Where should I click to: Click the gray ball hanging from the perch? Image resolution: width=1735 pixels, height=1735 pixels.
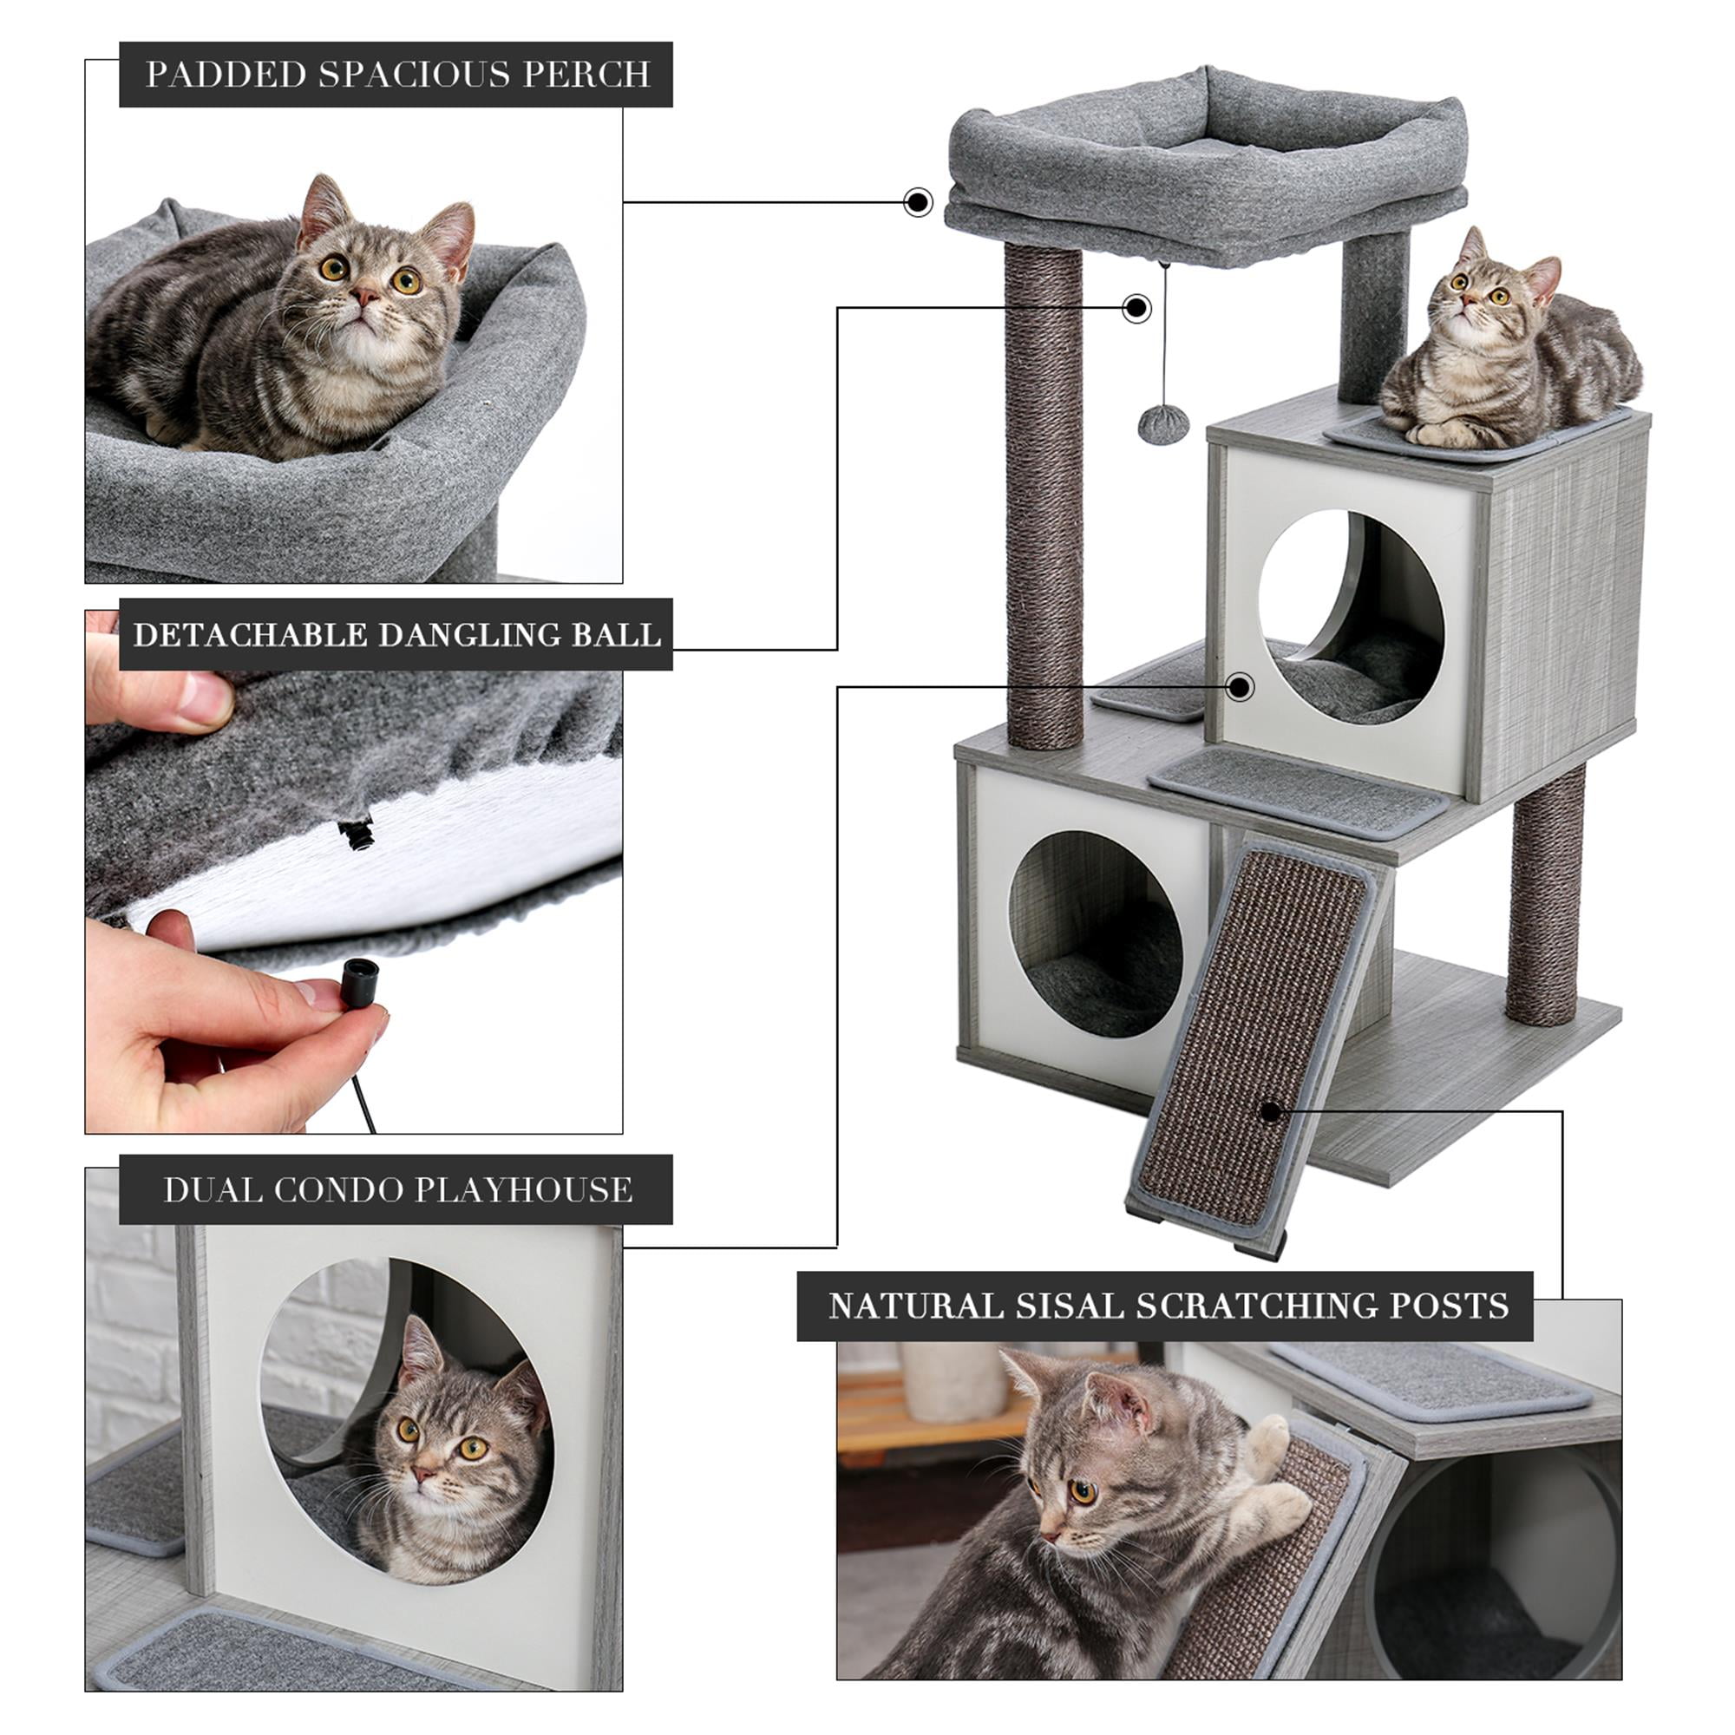pos(1163,422)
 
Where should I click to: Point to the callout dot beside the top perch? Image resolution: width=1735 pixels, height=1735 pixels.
pos(917,202)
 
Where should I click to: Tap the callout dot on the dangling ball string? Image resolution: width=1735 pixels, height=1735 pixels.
pos(1137,308)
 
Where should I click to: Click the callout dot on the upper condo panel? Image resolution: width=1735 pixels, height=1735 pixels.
pos(1241,688)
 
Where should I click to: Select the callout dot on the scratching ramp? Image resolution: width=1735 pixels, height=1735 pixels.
pos(1270,1112)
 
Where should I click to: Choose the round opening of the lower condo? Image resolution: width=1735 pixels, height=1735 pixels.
pos(1096,934)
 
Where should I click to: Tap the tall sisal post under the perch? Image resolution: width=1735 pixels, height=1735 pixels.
pos(1044,494)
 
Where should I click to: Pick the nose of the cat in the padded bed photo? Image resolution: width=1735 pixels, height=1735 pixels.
pos(364,296)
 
